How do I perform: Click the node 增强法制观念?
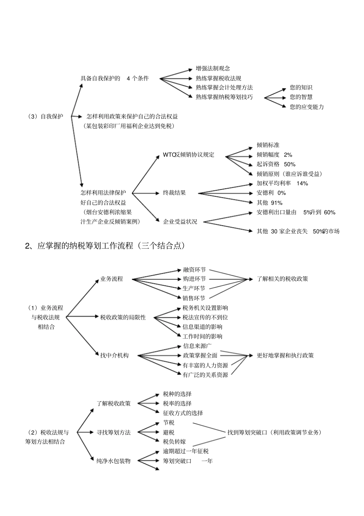(x=213, y=69)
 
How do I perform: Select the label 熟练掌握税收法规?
(x=218, y=78)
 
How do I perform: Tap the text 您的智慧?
(x=301, y=97)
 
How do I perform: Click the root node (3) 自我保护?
(x=46, y=116)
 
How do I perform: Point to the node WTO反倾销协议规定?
(x=189, y=155)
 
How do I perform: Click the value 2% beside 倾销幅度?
(x=288, y=155)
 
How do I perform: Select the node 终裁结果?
(x=174, y=193)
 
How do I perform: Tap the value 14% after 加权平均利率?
(x=302, y=183)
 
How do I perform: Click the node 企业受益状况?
(x=180, y=221)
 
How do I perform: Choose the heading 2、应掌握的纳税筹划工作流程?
(x=105, y=246)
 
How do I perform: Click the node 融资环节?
(x=194, y=270)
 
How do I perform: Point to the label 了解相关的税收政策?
(x=282, y=279)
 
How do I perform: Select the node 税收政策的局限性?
(x=123, y=317)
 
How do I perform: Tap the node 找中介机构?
(x=115, y=355)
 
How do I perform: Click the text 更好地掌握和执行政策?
(x=285, y=355)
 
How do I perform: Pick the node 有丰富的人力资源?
(x=205, y=365)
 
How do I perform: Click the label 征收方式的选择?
(x=183, y=413)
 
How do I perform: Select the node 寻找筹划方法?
(x=113, y=432)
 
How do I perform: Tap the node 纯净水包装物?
(x=113, y=461)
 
